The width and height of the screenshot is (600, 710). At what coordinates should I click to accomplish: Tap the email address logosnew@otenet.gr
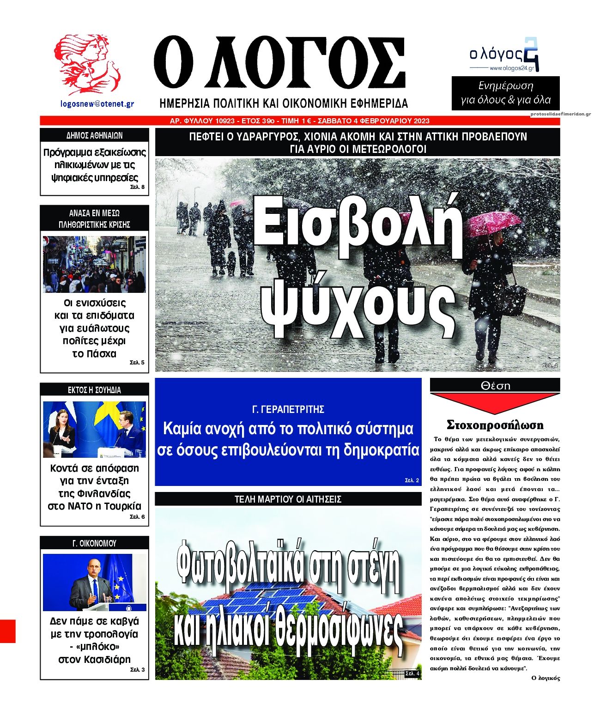[97, 104]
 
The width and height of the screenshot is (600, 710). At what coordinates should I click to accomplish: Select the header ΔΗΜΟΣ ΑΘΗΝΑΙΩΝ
[94, 135]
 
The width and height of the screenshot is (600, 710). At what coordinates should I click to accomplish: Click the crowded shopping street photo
[94, 264]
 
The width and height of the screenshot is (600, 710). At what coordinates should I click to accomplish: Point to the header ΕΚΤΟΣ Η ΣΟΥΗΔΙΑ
[94, 390]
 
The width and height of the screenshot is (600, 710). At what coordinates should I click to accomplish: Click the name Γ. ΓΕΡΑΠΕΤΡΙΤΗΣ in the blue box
[288, 409]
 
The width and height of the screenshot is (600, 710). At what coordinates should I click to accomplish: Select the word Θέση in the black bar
[495, 385]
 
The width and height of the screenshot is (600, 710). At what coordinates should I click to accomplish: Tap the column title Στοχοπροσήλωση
[495, 425]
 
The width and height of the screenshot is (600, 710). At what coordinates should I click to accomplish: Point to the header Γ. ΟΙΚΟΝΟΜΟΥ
[94, 543]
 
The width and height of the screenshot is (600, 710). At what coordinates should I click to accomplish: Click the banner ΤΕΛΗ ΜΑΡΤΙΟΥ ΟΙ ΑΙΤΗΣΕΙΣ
[288, 499]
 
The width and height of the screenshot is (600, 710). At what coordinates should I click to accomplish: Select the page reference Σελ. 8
[137, 187]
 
